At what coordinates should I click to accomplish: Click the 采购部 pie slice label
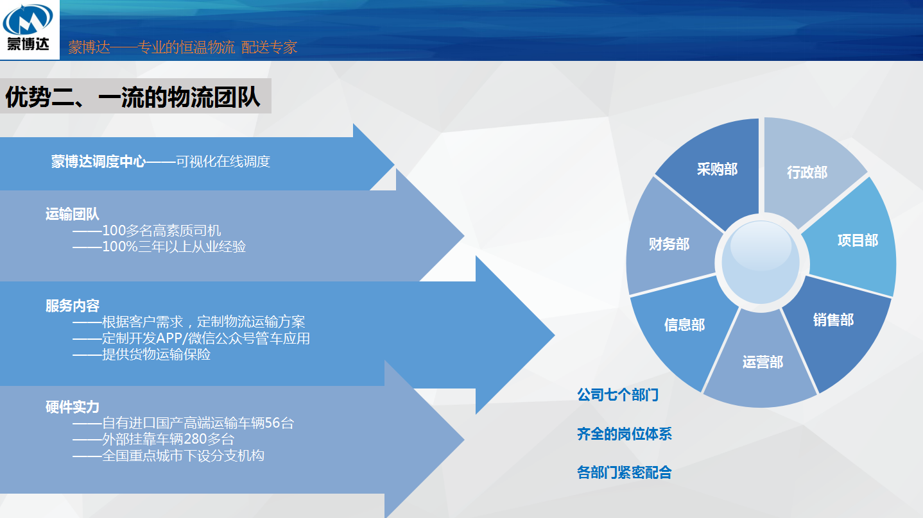tap(717, 169)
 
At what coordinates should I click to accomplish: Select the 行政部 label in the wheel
tap(807, 172)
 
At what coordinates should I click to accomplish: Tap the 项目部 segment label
tap(858, 240)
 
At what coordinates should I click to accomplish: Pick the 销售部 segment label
tap(833, 320)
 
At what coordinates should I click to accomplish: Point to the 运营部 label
tap(763, 362)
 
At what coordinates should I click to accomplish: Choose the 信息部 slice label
tap(684, 324)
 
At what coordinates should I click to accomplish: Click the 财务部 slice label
tap(669, 244)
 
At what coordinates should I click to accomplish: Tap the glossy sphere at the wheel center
tap(761, 262)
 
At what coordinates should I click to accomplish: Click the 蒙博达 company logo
tap(28, 28)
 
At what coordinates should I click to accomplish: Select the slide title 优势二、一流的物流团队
tap(133, 97)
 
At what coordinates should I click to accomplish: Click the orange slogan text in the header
tap(182, 47)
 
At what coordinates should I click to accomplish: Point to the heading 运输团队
tap(72, 214)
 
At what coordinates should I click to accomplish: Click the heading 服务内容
tap(73, 306)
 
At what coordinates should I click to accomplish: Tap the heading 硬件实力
tap(73, 407)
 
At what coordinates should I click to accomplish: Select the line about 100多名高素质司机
tap(147, 230)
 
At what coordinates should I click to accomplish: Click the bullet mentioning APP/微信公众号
tap(191, 338)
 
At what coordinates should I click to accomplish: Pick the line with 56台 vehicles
tap(184, 423)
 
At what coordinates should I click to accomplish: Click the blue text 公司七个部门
tap(617, 394)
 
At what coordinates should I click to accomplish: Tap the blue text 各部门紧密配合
tap(625, 472)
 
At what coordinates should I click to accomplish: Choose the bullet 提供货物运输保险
tap(142, 355)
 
